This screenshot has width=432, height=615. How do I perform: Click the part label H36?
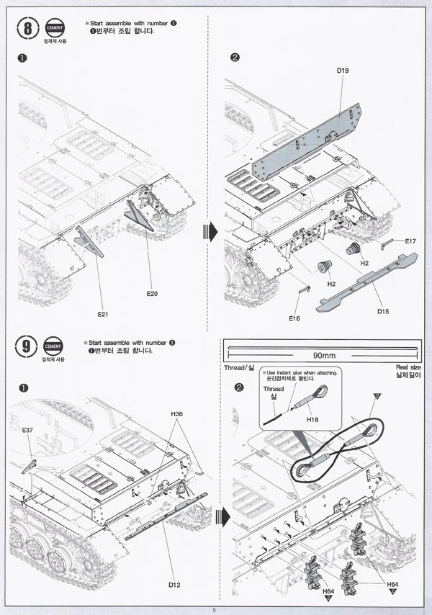coord(178,414)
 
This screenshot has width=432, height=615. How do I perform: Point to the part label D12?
coord(174,585)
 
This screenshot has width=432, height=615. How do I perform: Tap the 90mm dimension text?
coord(320,356)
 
